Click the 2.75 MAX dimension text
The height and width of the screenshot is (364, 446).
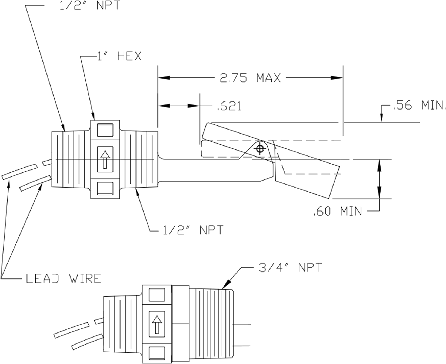point(250,78)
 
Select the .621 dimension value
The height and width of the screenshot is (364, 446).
point(229,107)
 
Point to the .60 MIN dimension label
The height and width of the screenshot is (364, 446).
point(337,211)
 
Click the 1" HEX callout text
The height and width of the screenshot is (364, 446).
point(119,56)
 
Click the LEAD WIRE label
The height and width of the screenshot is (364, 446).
point(64,278)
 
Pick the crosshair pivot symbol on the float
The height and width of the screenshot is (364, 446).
point(260,149)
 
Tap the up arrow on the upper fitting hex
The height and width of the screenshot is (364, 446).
point(105,159)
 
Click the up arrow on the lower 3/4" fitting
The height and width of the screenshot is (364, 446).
point(157,324)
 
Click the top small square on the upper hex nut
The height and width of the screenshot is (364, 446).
point(105,130)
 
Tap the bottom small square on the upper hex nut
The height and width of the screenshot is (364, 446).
point(105,188)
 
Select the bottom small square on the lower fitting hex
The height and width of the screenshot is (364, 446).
point(157,353)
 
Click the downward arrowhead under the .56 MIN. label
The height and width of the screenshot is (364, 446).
point(381,118)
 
